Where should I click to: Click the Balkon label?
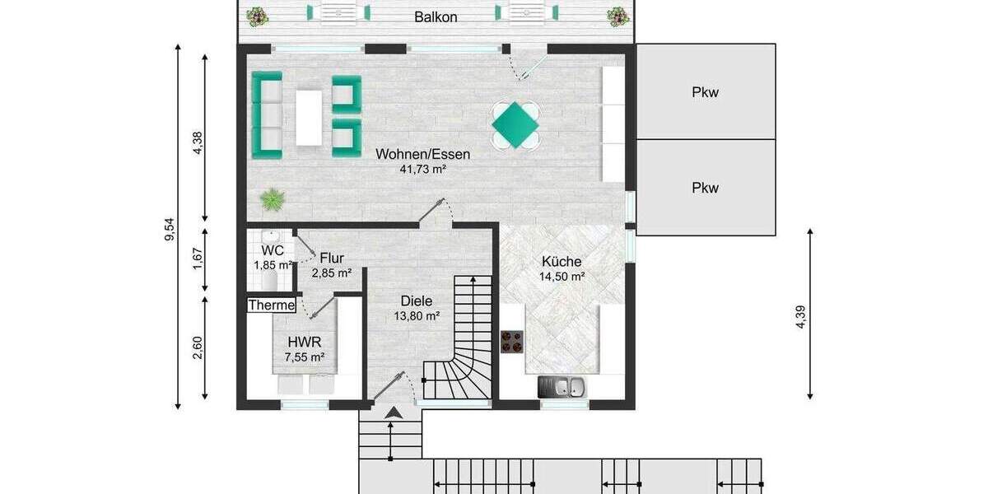(436, 16)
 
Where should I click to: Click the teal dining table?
(515, 125)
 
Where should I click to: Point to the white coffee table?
(309, 118)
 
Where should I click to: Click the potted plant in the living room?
(272, 198)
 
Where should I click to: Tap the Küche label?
(562, 262)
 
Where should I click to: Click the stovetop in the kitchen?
(512, 342)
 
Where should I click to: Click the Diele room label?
(417, 301)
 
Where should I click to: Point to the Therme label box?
(272, 305)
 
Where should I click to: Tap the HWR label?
(304, 342)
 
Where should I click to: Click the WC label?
(273, 249)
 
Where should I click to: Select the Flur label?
(332, 258)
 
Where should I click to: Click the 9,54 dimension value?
(170, 229)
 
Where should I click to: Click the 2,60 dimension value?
(197, 347)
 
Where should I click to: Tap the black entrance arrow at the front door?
(395, 412)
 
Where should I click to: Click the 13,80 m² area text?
(417, 316)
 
